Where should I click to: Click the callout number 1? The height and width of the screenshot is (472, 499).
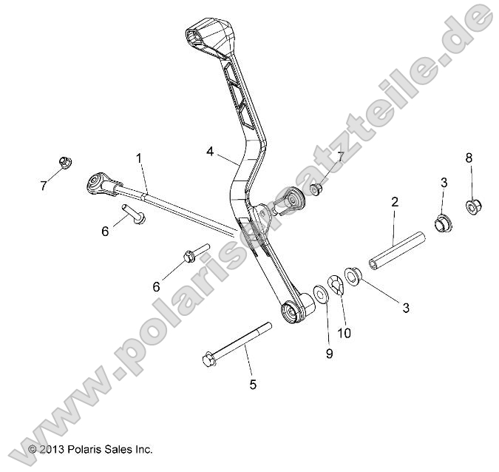138,158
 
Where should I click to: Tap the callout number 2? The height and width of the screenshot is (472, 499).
395,202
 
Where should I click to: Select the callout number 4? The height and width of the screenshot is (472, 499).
211,151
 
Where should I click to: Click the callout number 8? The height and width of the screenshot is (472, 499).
469,158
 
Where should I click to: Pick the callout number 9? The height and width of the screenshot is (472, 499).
329,354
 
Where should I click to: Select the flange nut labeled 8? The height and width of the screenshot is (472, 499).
470,206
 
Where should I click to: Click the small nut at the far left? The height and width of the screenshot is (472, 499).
64,163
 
